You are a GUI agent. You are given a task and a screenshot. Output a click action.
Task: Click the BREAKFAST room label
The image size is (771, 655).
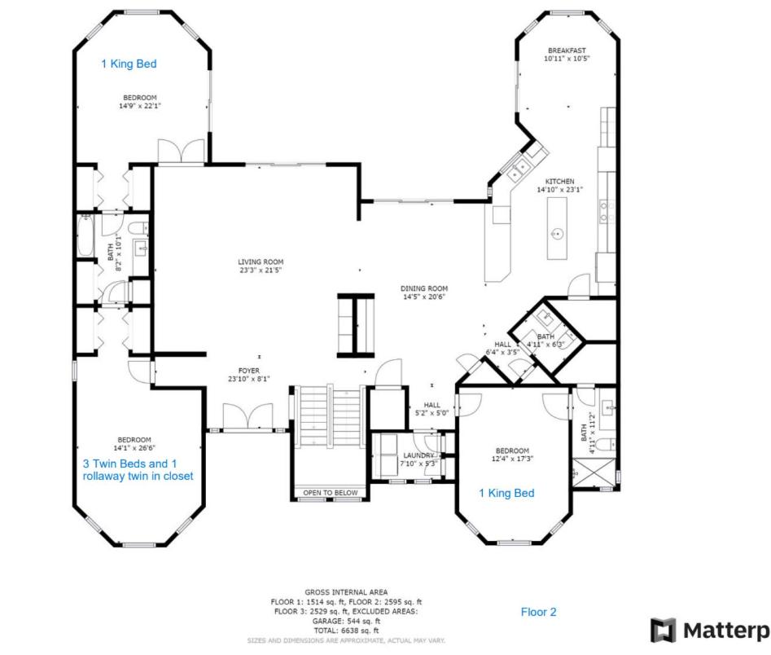tap(567, 51)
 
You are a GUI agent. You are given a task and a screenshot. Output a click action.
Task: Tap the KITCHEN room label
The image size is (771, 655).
tap(559, 181)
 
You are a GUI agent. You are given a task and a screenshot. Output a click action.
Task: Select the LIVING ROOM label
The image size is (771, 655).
tap(261, 262)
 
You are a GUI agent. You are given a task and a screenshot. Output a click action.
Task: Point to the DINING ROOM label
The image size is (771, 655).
tap(424, 288)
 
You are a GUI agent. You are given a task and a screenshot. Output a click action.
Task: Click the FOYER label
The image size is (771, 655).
tap(249, 371)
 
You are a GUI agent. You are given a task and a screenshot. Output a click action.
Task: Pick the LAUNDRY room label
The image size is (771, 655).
tap(418, 455)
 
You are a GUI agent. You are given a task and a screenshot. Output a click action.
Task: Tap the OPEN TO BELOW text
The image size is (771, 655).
tap(331, 493)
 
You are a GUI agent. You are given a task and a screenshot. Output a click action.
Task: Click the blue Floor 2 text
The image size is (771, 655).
tap(538, 612)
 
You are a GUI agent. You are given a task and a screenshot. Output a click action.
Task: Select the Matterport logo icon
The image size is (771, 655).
tap(663, 631)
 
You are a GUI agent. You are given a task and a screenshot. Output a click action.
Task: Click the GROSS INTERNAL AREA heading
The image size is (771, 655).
tap(346, 592)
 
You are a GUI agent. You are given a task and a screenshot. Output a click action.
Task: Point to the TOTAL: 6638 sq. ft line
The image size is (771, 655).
tap(346, 631)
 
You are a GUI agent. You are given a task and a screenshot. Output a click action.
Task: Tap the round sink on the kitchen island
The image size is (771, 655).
tap(557, 234)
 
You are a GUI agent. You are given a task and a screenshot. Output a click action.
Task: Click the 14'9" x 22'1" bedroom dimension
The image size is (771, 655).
tap(140, 105)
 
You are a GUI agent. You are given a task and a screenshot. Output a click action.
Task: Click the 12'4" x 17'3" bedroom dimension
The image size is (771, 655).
tap(512, 459)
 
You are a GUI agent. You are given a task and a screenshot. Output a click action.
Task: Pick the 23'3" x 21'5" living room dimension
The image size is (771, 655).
tap(261, 270)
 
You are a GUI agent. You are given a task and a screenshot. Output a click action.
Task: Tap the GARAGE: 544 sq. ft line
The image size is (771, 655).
tap(346, 621)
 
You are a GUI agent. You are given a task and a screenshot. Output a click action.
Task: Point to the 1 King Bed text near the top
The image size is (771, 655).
tap(129, 64)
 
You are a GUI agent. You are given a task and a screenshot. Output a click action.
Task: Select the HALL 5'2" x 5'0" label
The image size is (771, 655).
tap(431, 409)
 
